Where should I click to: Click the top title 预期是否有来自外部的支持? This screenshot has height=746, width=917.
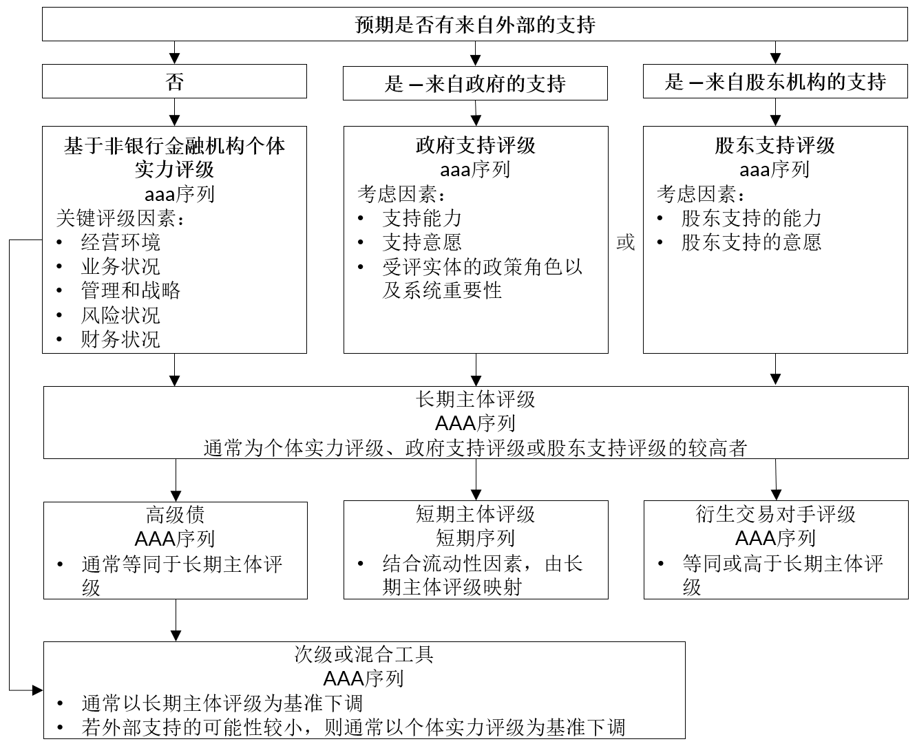click(475, 25)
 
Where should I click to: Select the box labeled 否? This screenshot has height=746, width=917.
click(174, 81)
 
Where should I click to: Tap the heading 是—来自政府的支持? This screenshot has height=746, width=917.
click(475, 83)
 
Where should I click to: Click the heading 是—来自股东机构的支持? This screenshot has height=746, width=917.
click(775, 82)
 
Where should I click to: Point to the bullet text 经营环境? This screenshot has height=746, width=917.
click(120, 242)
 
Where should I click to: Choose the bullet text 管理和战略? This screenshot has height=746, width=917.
click(130, 290)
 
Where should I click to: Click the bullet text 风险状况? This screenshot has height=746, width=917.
click(120, 315)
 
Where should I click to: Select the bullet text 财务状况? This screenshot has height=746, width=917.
click(120, 339)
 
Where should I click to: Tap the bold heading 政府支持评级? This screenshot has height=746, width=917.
click(475, 145)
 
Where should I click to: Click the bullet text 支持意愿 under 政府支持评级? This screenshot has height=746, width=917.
click(422, 242)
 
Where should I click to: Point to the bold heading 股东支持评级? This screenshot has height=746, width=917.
click(775, 145)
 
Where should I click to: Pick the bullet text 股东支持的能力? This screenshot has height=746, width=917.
click(751, 218)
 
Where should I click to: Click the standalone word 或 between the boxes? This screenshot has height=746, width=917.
click(626, 242)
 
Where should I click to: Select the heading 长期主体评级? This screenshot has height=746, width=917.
click(475, 399)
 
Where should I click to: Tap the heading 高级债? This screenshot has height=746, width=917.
click(176, 515)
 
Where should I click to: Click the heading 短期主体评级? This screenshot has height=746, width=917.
click(475, 514)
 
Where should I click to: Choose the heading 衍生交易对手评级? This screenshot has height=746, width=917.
click(775, 514)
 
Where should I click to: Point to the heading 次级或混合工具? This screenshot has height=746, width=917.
click(363, 654)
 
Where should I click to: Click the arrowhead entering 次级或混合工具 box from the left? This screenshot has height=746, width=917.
click(38, 690)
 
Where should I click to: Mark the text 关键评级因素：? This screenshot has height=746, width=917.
click(120, 218)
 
